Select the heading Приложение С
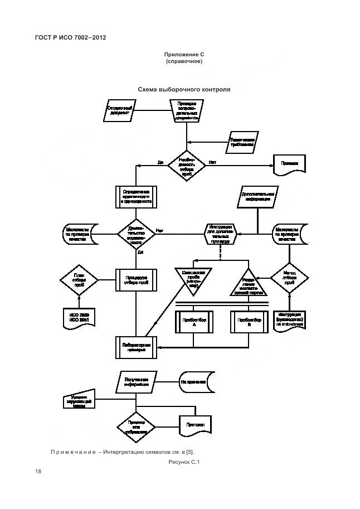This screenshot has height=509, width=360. click(x=184, y=54)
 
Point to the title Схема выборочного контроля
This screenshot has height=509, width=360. click(x=184, y=89)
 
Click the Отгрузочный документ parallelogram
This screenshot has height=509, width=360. click(x=120, y=110)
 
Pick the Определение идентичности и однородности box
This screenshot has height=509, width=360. click(x=137, y=197)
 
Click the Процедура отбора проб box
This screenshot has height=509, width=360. click(x=137, y=279)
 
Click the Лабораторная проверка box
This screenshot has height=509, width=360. click(x=137, y=348)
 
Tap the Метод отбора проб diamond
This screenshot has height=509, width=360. click(x=290, y=278)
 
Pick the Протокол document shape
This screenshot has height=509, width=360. click(x=196, y=425)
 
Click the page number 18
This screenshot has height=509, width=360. click(x=38, y=472)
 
